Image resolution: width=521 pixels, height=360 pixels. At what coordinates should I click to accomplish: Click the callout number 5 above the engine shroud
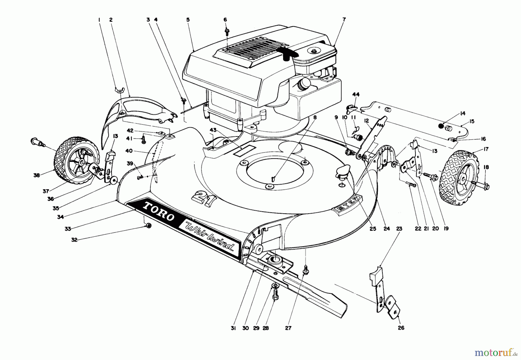click(x=188, y=20)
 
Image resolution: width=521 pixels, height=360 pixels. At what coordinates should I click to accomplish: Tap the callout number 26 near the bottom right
click(x=401, y=328)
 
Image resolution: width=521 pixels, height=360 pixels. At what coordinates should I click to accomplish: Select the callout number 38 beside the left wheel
click(x=36, y=175)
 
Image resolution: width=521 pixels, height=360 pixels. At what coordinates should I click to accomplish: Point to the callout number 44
click(x=356, y=94)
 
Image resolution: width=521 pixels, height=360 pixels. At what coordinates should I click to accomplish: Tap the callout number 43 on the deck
click(x=213, y=131)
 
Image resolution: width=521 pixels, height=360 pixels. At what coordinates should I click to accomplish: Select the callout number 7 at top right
click(x=344, y=20)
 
